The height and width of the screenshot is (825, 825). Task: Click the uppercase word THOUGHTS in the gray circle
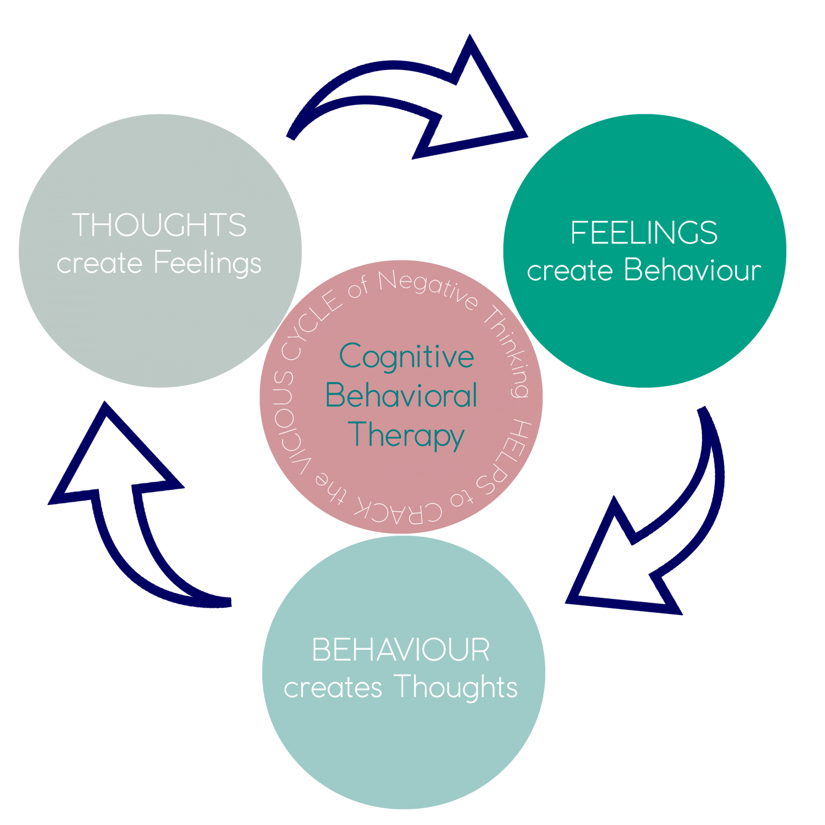(159, 225)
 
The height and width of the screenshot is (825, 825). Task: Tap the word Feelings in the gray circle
(207, 264)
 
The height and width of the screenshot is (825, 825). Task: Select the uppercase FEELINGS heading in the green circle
(643, 233)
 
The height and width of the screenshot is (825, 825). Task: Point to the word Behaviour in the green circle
(692, 270)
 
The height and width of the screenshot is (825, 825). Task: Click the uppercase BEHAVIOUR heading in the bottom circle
(401, 650)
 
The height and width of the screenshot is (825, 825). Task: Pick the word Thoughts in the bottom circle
(455, 688)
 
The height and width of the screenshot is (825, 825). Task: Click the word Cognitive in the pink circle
(407, 357)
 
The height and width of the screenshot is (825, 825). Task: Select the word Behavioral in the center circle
(401, 396)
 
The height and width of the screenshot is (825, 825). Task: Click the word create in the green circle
(569, 271)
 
